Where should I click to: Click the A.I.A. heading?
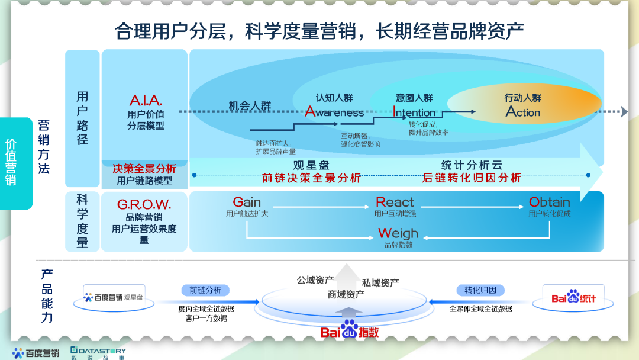(146, 100)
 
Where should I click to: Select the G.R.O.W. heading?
(144, 205)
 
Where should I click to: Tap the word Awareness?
(334, 112)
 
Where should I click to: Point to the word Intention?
(414, 112)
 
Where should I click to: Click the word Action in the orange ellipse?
(523, 112)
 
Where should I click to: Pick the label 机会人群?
(250, 107)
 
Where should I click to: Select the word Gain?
(247, 202)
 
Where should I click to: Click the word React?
(395, 202)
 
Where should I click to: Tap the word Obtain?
(550, 202)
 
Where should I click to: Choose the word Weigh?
(398, 233)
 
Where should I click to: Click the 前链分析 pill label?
(205, 290)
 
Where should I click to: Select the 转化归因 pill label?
(480, 290)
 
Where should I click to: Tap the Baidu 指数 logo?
(350, 330)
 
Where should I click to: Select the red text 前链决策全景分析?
(311, 178)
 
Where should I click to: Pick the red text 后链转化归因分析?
(472, 178)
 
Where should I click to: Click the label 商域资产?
(346, 294)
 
